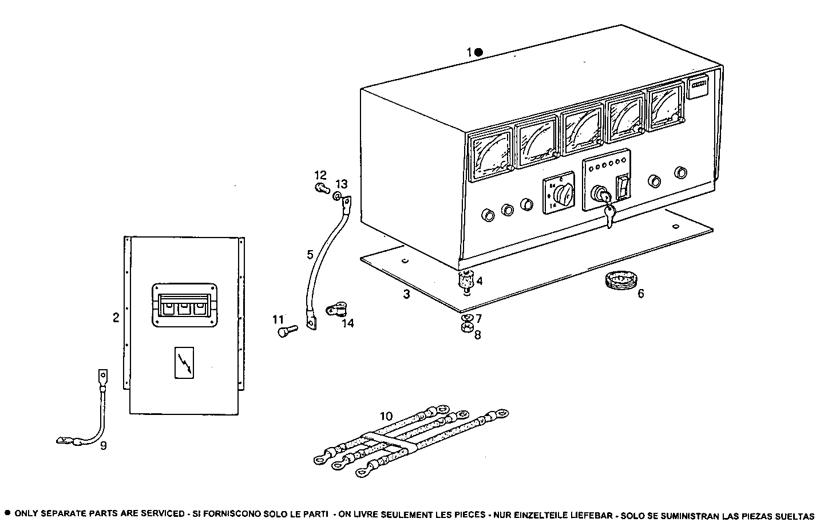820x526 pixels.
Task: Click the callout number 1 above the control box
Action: [469, 52]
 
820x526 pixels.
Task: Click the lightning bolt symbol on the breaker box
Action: [184, 363]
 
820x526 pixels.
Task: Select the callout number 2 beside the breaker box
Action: [116, 317]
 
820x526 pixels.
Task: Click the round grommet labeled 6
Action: [619, 281]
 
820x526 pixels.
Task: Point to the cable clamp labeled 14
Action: [336, 310]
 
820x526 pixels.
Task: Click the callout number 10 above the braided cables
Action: [386, 416]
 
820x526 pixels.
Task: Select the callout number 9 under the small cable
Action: [103, 445]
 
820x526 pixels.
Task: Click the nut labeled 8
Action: [466, 328]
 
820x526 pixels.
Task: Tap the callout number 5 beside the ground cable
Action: [310, 254]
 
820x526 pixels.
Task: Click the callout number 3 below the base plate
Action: [406, 295]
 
